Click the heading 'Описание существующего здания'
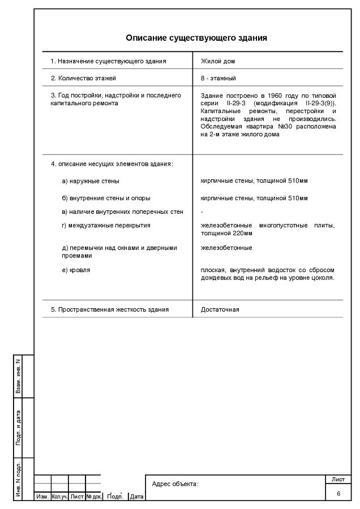pyautogui.click(x=196, y=38)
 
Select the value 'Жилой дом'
pyautogui.click(x=217, y=61)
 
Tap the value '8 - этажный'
pyautogui.click(x=218, y=78)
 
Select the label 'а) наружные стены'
pyautogui.click(x=91, y=181)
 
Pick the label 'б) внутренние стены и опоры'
pyautogui.click(x=106, y=199)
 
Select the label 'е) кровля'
pyautogui.click(x=76, y=270)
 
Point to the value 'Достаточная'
pyautogui.click(x=220, y=309)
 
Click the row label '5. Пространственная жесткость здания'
pyautogui.click(x=110, y=309)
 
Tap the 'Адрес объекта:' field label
pyautogui.click(x=175, y=484)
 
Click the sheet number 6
pyautogui.click(x=338, y=494)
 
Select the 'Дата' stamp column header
pyautogui.click(x=137, y=497)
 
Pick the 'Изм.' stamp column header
pyautogui.click(x=42, y=497)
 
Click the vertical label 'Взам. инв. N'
pyautogui.click(x=19, y=376)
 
